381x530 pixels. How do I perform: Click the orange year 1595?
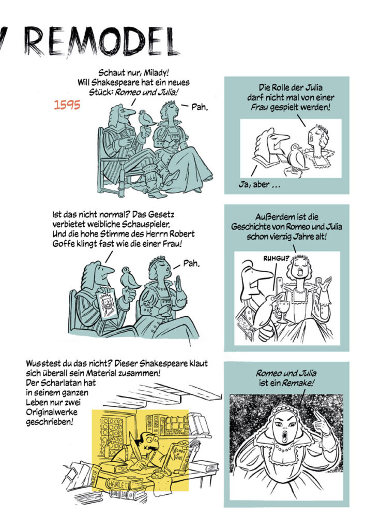coord(67,105)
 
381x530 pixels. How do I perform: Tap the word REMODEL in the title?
coord(101,42)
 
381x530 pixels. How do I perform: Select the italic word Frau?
coord(260,108)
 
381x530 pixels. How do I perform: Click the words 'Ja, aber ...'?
coord(259,185)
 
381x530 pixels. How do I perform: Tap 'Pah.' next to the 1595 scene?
coord(200,108)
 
